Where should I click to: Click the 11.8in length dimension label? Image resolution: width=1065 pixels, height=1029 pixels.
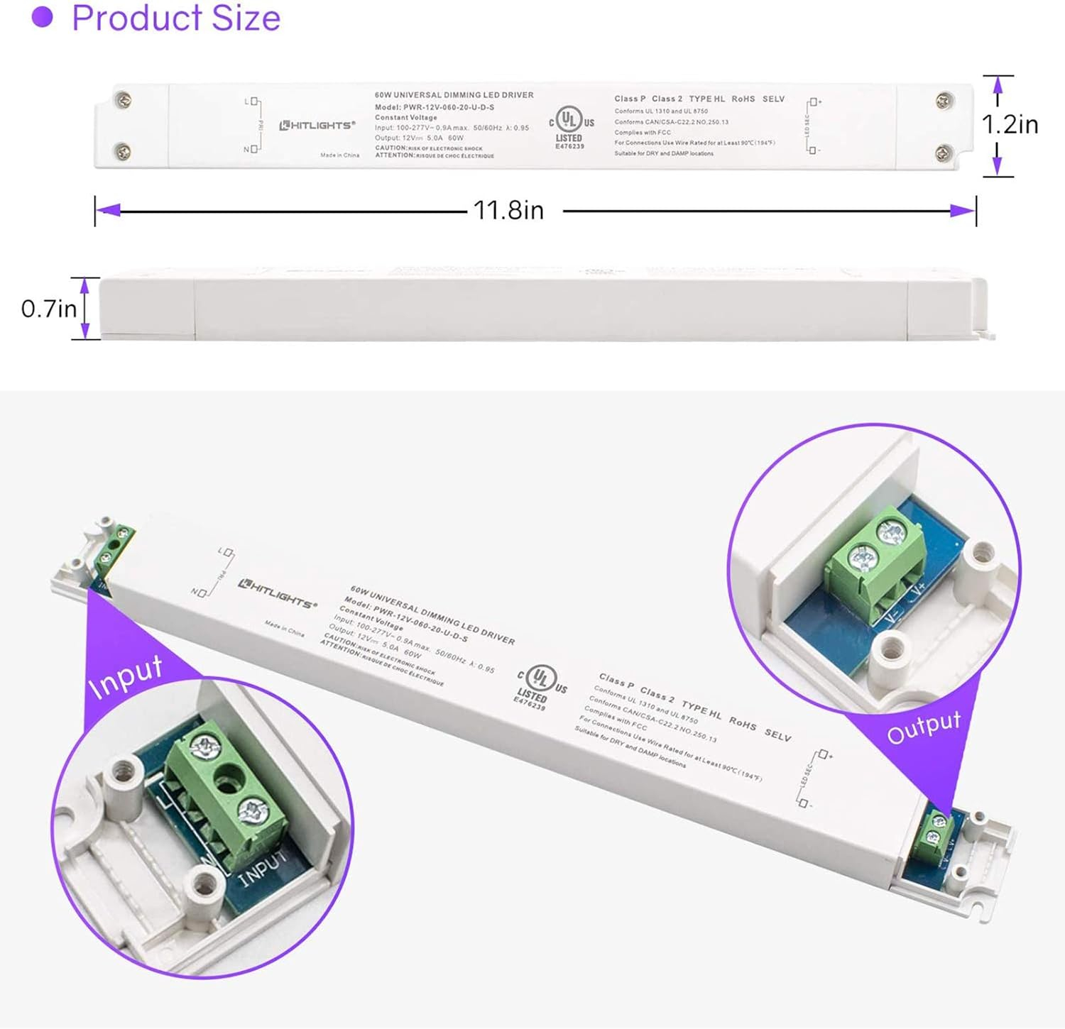pos(508,211)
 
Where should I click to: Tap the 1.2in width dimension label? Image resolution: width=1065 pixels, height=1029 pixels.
pos(1010,125)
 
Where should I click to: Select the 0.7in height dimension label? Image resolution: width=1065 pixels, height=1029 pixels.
pos(48,309)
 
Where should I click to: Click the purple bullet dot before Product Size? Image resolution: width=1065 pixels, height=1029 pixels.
pos(43,18)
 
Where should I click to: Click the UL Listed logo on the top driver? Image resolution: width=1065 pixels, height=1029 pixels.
pos(570,127)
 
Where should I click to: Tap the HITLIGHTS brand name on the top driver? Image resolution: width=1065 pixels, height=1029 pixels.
pos(317,126)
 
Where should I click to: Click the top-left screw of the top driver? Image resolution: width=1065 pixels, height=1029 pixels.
pos(124,100)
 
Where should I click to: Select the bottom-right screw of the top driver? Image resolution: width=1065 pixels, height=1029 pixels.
pos(944,151)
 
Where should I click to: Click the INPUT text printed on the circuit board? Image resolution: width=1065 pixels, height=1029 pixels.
pos(263,867)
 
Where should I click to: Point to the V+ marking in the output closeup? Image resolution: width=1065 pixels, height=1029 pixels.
pos(918,588)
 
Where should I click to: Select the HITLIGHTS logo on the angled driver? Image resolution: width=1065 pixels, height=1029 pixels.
pos(277,594)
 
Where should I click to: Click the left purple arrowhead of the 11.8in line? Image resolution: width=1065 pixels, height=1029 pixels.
pos(109,211)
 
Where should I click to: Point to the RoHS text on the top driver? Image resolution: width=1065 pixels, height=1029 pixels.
pos(743,99)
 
